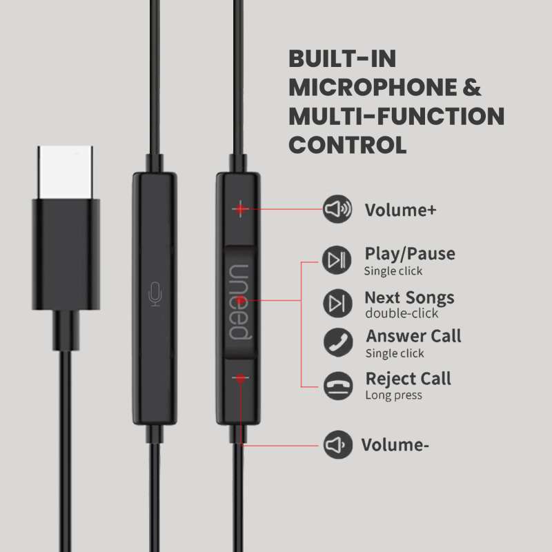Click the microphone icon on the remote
(155, 294)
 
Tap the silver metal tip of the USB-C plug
(66, 172)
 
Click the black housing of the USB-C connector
(66, 254)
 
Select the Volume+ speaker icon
(337, 209)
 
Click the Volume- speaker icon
(338, 444)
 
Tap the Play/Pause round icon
(337, 260)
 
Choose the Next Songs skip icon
(337, 303)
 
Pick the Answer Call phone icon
(338, 342)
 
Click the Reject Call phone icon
(338, 386)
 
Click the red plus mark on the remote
(240, 209)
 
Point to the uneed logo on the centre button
(240, 302)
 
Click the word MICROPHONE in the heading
(373, 88)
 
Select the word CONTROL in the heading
(348, 145)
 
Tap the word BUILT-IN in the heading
(342, 59)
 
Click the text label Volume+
(401, 210)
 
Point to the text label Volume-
(395, 445)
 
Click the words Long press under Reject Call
(393, 395)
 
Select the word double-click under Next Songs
(402, 313)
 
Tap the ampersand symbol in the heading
(472, 88)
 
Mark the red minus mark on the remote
(240, 378)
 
